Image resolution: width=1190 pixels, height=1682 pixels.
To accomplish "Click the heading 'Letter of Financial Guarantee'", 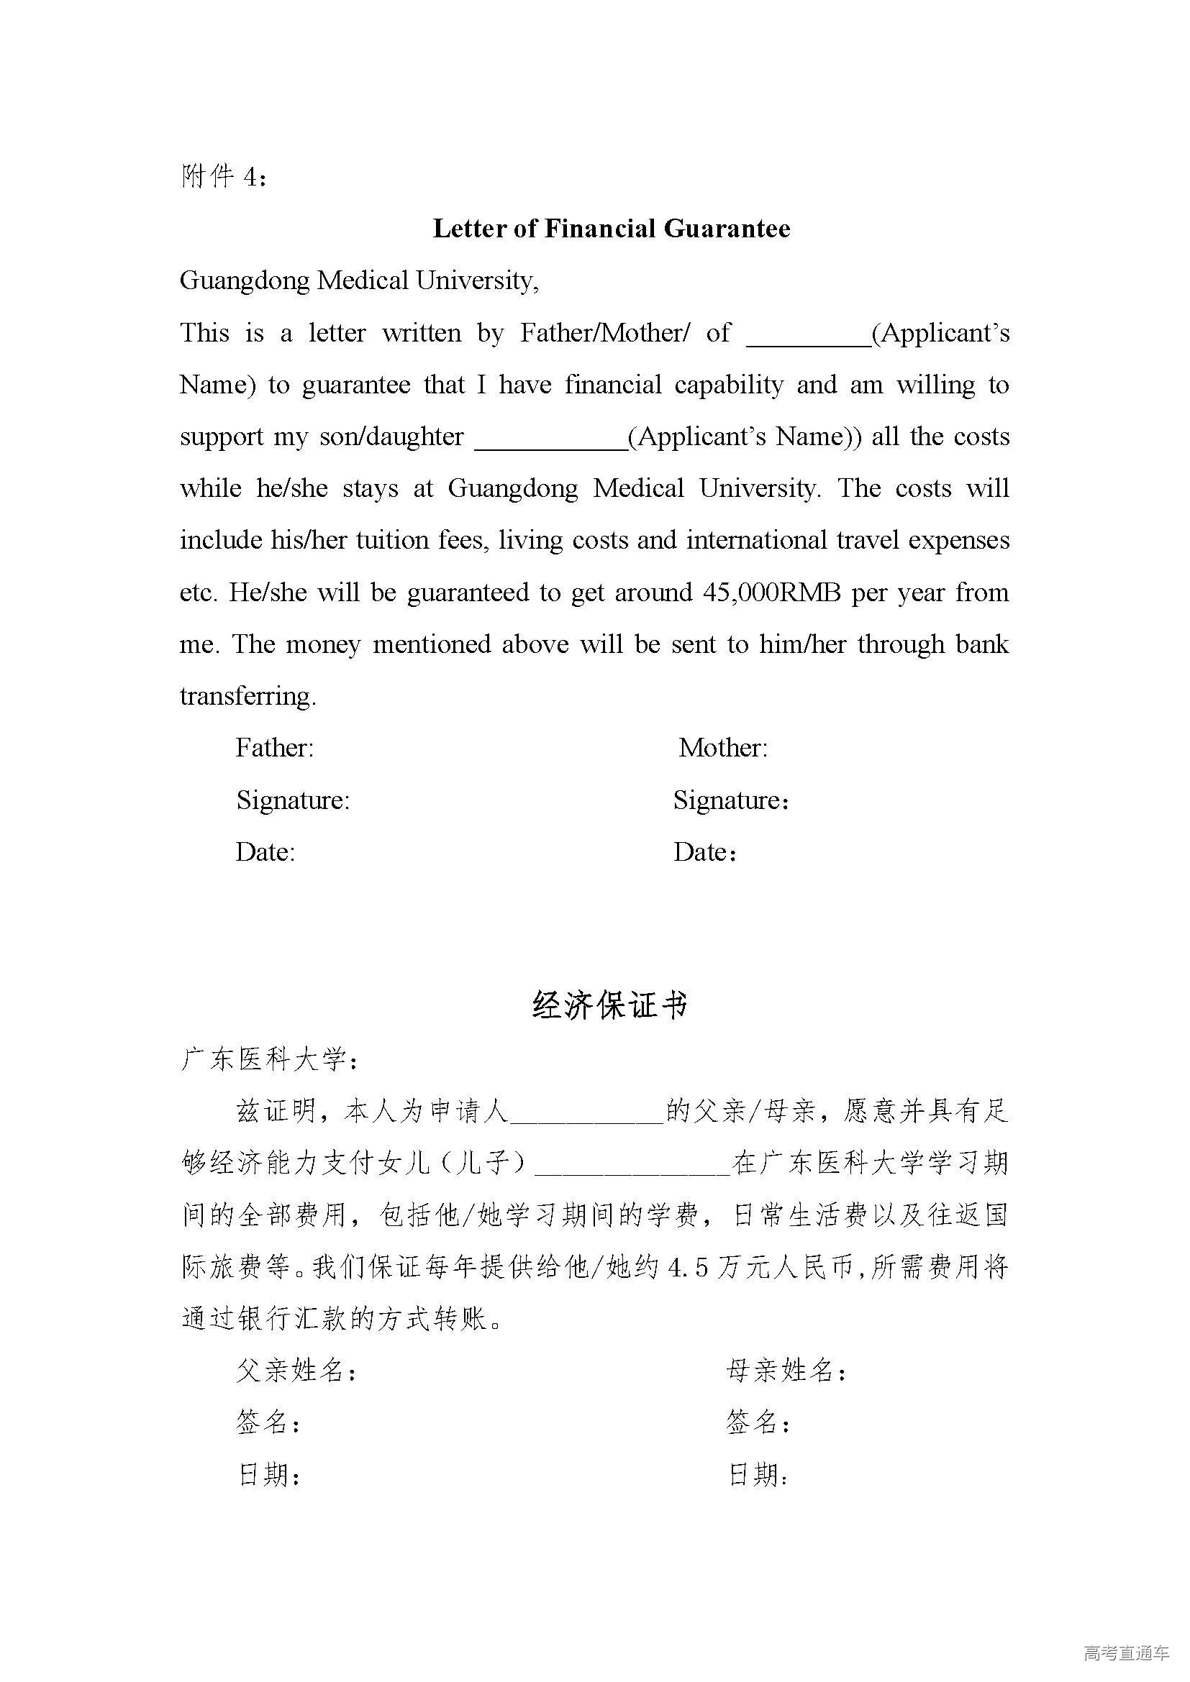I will tap(611, 229).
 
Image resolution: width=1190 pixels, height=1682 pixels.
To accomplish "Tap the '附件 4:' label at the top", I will tap(223, 177).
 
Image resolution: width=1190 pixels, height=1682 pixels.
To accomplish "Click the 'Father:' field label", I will tap(275, 748).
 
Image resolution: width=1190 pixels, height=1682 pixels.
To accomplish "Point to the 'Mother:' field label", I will tap(723, 748).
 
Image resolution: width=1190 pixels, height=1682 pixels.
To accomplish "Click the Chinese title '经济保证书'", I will tap(610, 1005).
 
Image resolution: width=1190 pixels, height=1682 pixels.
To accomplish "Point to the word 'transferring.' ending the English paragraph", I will tap(247, 696).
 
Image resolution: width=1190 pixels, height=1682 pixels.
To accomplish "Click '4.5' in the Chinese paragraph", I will tap(687, 1267).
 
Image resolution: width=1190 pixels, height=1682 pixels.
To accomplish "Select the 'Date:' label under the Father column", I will tap(265, 852).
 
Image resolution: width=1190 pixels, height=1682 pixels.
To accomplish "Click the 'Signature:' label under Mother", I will tap(730, 800).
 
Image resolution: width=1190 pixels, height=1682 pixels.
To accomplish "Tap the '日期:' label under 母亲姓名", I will tap(758, 1475).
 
